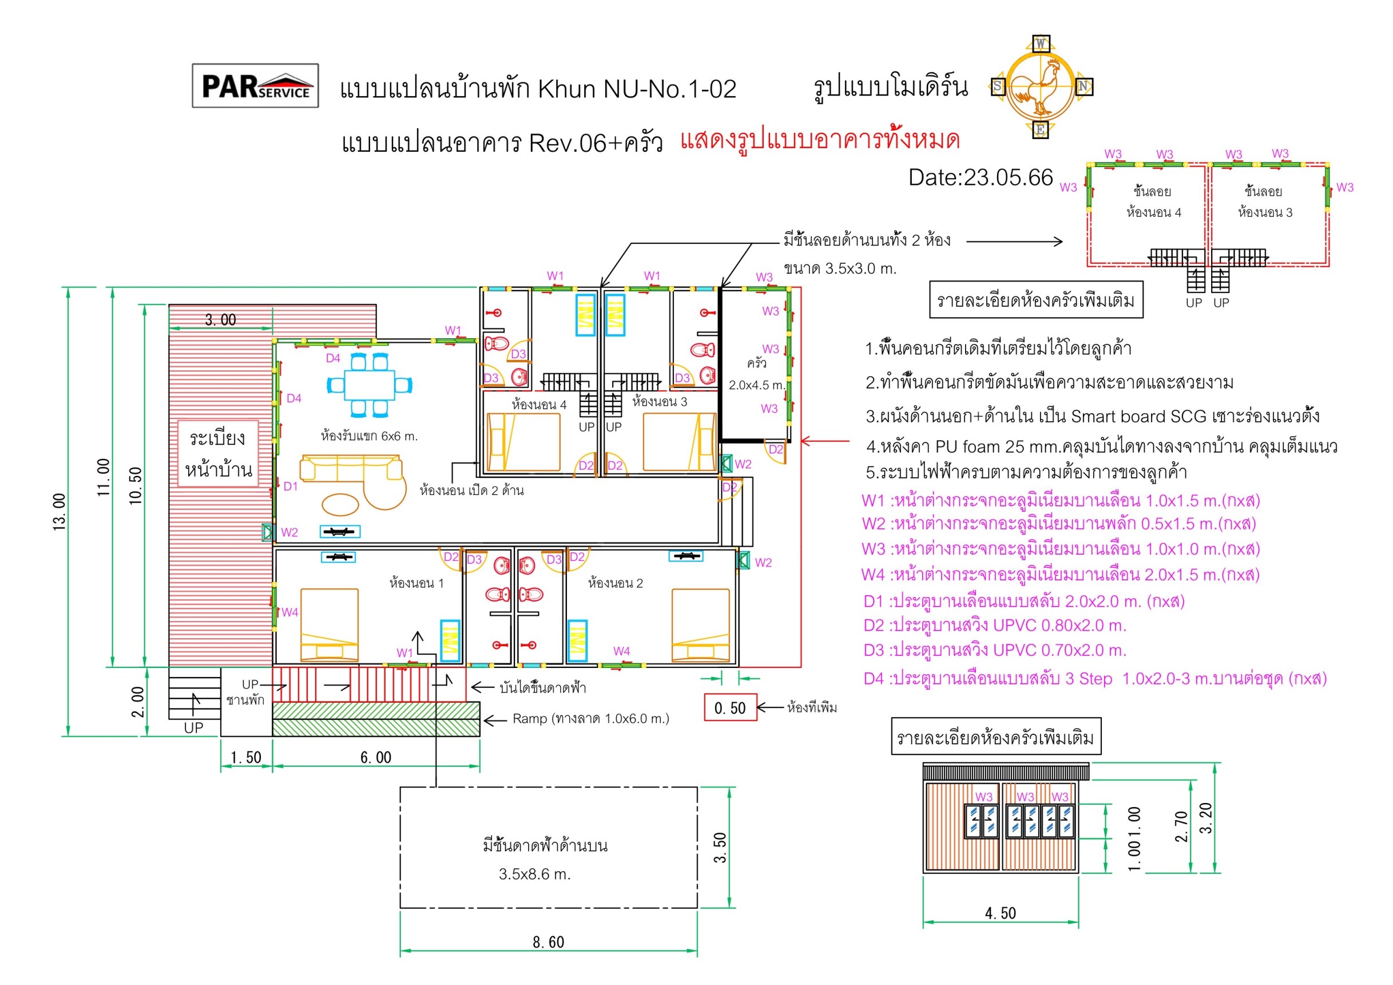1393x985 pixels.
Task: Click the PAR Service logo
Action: (x=255, y=86)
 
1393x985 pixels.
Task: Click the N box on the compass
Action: (x=1084, y=87)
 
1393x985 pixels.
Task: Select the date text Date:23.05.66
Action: (x=981, y=177)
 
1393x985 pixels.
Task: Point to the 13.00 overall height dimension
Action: (x=59, y=512)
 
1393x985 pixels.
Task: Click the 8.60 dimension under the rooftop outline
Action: (x=549, y=942)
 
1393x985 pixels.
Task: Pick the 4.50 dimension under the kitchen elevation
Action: (x=1001, y=913)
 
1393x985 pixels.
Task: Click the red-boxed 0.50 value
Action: (x=731, y=707)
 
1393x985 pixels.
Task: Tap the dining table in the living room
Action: (x=370, y=385)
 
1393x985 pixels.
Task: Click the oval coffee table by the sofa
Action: (x=340, y=503)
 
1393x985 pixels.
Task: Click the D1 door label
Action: (x=291, y=486)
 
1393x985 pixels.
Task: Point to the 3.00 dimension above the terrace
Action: (x=221, y=319)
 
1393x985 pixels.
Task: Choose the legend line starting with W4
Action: (x=1061, y=574)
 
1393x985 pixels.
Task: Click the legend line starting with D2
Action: (x=995, y=625)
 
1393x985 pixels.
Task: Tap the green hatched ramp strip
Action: (x=376, y=719)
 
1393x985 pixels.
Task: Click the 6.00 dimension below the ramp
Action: (x=376, y=757)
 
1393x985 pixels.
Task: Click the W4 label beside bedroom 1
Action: (x=290, y=612)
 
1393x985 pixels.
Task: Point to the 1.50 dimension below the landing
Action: (x=247, y=757)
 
